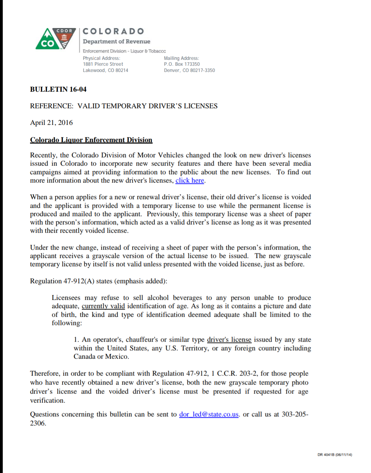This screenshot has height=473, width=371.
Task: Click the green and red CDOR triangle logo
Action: [55, 39]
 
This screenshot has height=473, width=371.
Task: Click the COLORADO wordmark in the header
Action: [113, 31]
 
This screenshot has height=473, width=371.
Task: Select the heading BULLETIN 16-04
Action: [58, 89]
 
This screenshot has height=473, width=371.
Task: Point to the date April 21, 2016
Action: [51, 123]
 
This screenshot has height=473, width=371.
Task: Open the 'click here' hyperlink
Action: [189, 180]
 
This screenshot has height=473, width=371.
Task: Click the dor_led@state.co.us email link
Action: [209, 414]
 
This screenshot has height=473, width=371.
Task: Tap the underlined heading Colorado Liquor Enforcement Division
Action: [91, 140]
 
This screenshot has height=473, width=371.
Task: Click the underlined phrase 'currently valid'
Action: [103, 306]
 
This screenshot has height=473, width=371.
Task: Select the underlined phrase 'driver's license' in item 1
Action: [229, 340]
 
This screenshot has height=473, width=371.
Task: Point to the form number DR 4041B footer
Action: [334, 455]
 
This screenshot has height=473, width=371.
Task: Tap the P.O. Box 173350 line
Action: [182, 64]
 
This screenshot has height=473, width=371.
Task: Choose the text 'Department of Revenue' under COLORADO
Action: [116, 41]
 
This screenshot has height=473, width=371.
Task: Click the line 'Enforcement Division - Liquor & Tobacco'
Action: [124, 51]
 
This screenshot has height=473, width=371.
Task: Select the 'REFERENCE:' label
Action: [52, 106]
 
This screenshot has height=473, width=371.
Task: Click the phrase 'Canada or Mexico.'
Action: [101, 356]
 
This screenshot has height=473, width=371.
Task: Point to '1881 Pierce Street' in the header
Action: [103, 64]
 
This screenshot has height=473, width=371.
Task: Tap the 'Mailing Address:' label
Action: [181, 58]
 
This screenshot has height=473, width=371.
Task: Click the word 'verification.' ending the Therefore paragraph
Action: [48, 400]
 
